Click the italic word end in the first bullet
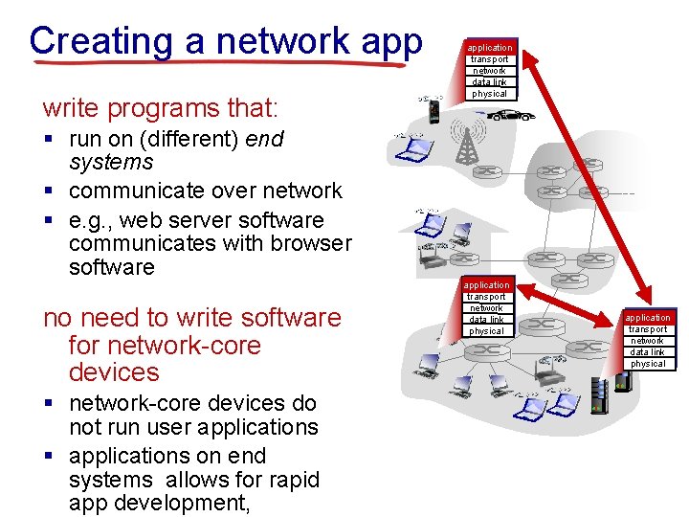pos(265,139)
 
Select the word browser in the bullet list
pos(304,243)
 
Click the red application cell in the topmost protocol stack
pos(489,47)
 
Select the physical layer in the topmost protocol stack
pos(489,94)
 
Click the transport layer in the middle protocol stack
pos(487,297)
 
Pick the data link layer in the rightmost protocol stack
pos(648,352)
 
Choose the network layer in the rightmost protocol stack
pos(648,341)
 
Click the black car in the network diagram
pos(513,115)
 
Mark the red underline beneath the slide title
pos(220,63)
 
